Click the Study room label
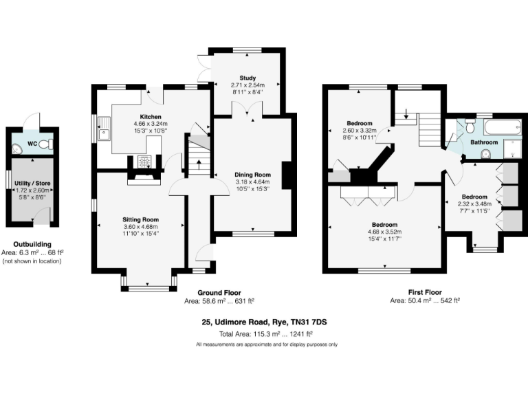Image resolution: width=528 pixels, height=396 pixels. coord(247,78)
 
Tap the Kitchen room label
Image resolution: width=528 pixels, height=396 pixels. coord(151,116)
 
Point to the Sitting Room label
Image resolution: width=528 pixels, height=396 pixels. coord(140,220)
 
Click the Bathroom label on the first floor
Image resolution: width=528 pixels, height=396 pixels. coord(484,142)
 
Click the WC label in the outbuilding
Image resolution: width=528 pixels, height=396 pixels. coord(32,144)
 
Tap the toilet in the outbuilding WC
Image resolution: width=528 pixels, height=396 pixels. coord(45,144)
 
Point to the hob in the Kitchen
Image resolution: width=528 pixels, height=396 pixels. coord(146,162)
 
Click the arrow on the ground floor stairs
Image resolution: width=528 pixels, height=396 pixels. coord(199,164)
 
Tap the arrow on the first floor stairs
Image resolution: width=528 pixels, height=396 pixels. coord(406,114)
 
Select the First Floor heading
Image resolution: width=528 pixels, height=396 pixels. coord(424,293)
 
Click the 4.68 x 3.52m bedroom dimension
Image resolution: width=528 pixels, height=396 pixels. coord(384,232)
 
